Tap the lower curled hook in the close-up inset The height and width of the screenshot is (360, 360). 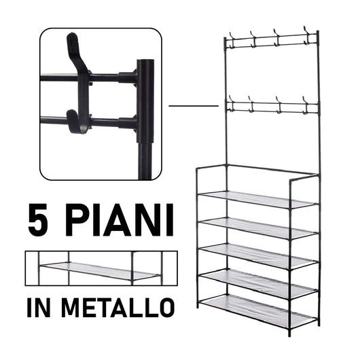click(76, 122)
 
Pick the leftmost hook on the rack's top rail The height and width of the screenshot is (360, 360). click(233, 37)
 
